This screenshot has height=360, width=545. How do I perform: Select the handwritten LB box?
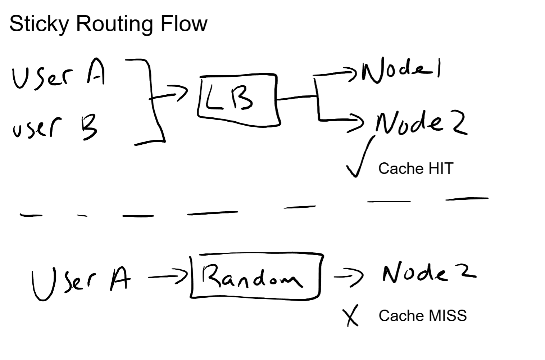239,100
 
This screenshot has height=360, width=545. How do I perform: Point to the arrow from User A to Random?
168,276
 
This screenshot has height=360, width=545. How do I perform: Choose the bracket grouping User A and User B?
153,101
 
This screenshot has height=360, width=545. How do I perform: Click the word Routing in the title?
116,24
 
